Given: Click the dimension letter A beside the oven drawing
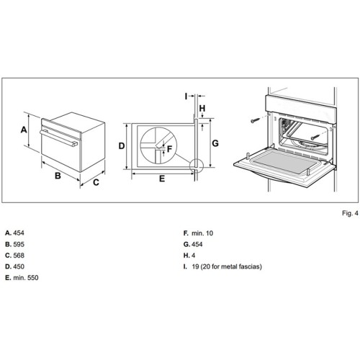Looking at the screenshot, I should coord(24,130).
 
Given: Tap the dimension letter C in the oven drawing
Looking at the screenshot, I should coord(95,181).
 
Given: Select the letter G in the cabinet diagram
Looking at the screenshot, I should coord(215,143).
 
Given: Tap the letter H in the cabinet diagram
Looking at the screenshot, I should coord(203,109).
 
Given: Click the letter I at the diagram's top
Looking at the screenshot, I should coord(186,94).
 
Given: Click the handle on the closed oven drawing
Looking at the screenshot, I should coord(58,137).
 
